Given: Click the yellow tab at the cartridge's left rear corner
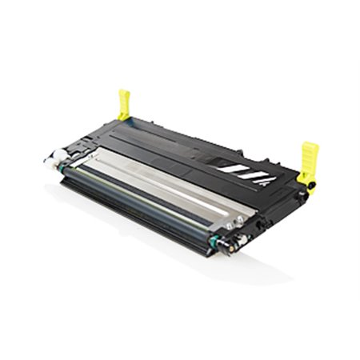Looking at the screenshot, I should pos(124,104).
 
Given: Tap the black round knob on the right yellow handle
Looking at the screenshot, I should pos(311,185).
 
